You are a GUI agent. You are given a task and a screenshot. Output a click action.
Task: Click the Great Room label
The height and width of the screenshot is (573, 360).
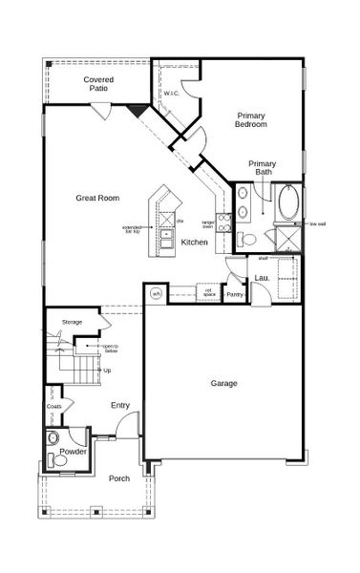(x=97, y=198)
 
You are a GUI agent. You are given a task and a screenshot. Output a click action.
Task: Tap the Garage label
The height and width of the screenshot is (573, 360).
(x=224, y=383)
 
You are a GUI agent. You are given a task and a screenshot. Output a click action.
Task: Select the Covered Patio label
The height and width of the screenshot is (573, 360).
(x=98, y=83)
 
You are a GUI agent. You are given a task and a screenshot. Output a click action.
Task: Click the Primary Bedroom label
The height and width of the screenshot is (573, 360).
(x=251, y=119)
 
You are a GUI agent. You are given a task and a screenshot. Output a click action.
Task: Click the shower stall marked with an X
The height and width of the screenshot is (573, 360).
(x=285, y=238)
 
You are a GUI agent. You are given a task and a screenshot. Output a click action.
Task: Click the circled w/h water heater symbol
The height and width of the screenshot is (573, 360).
(x=156, y=293)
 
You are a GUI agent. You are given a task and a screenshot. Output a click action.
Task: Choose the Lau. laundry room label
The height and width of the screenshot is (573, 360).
(x=260, y=278)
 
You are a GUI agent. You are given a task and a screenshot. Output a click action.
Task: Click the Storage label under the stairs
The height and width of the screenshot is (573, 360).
(x=73, y=323)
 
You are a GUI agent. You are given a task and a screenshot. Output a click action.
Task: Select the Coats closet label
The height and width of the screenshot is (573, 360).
(x=54, y=406)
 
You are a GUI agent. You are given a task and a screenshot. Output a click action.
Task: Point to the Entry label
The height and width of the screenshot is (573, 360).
(x=119, y=405)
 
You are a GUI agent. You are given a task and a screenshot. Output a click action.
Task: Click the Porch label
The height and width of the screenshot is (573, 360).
(x=119, y=477)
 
